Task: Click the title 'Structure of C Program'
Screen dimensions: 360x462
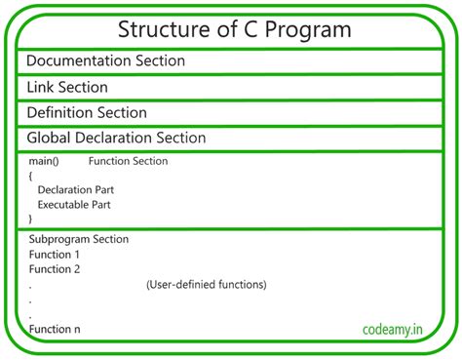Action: [234, 30]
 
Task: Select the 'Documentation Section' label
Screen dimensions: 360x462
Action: [105, 61]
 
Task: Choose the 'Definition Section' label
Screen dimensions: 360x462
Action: [87, 112]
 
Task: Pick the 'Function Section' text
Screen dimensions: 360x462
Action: [127, 161]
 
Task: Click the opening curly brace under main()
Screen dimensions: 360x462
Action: [31, 176]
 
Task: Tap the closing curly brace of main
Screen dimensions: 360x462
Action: [31, 220]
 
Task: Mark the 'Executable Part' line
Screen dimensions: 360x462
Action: [74, 205]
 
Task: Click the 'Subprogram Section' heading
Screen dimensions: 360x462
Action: [78, 239]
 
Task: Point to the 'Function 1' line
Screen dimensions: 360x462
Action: [55, 255]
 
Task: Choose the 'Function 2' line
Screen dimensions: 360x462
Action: [55, 269]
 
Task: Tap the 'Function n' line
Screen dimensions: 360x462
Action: [55, 329]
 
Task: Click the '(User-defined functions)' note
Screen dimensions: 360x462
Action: [206, 285]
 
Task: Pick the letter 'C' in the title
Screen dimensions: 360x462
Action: [256, 30]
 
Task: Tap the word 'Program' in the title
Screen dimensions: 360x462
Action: [311, 31]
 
